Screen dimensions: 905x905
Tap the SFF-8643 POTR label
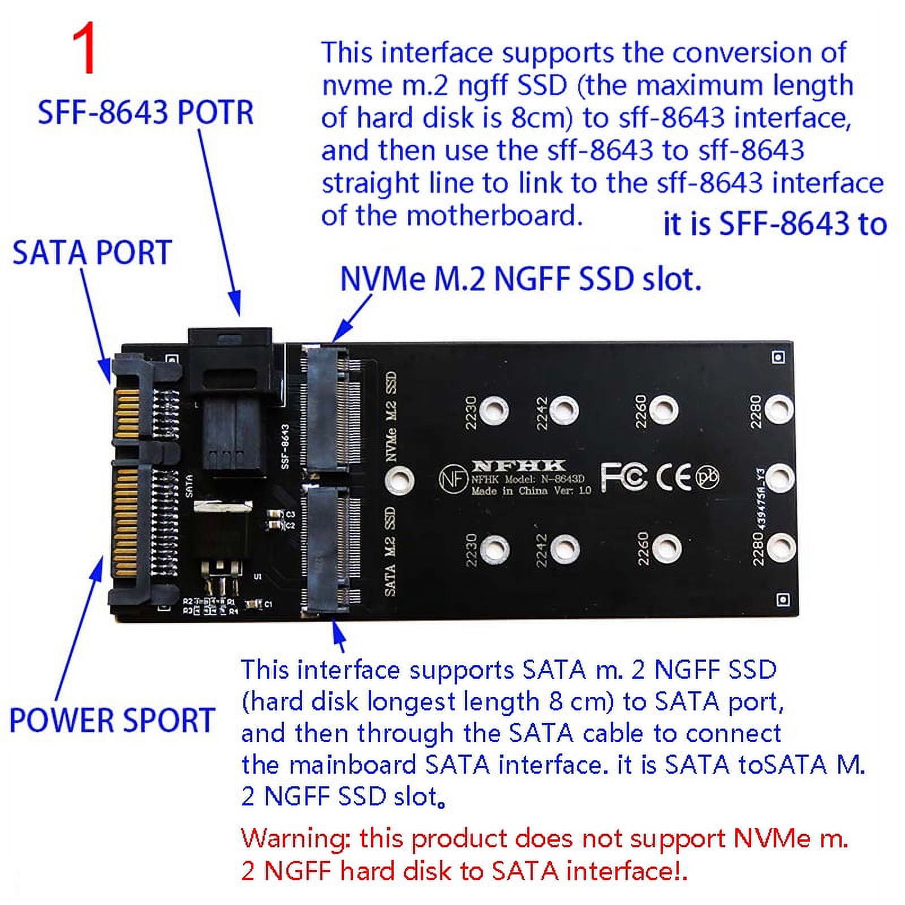(145, 112)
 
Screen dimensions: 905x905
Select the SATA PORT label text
(92, 252)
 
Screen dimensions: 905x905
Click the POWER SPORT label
(112, 720)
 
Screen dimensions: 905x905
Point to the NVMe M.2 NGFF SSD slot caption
(520, 279)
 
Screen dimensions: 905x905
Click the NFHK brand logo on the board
(518, 466)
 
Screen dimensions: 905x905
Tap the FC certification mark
(623, 477)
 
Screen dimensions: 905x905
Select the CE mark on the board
(674, 477)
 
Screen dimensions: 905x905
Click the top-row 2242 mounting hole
(563, 411)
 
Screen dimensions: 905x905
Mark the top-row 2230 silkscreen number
(471, 412)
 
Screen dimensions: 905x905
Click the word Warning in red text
(294, 838)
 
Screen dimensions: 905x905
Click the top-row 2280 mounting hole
(780, 408)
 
